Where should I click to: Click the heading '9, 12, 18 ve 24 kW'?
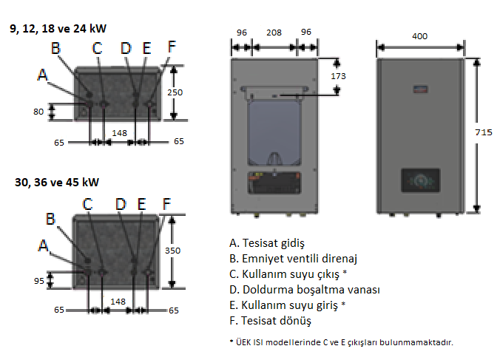pos(58,30)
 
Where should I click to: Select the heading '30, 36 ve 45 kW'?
pos(57,182)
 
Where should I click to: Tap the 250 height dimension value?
pos(175,92)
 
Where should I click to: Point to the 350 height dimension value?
pos(172,251)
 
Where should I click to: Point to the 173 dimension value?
pos(339,76)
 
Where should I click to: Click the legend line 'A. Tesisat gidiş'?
pos(267,242)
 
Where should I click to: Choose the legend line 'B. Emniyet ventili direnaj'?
pos(294,259)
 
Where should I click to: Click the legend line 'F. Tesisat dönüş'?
pos(270,322)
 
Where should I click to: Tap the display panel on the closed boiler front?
pos(421,180)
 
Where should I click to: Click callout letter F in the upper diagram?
pos(172,46)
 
